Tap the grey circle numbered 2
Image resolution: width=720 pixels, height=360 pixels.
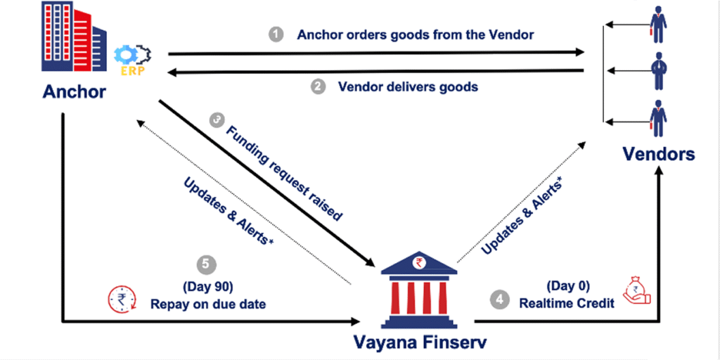tap(317, 87)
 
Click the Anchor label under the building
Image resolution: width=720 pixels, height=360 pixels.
tap(75, 92)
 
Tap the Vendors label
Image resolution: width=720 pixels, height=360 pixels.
tap(658, 154)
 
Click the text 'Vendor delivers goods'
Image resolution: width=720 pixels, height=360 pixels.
tap(408, 86)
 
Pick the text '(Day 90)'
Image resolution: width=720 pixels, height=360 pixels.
tap(210, 288)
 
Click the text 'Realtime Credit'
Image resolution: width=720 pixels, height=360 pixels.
tap(567, 304)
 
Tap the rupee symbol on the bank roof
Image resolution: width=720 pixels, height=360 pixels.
tap(418, 263)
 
